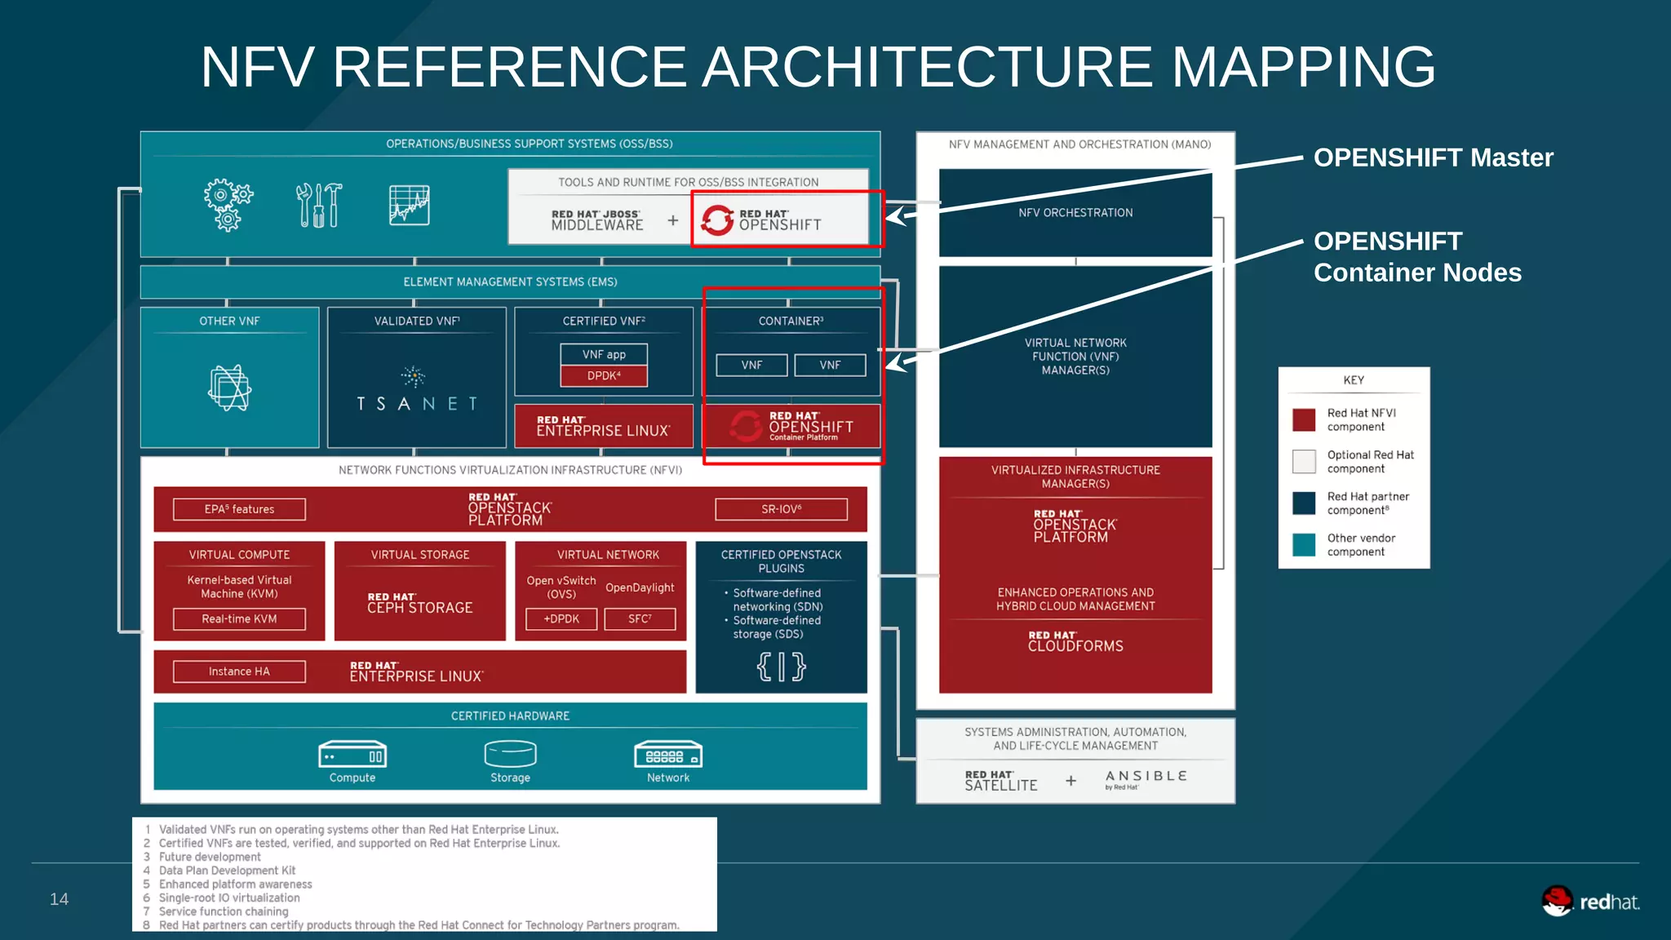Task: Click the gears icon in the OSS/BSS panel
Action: click(228, 205)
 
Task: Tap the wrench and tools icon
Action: click(318, 205)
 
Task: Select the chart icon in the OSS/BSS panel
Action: click(410, 205)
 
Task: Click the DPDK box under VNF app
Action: click(604, 376)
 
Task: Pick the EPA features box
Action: click(239, 509)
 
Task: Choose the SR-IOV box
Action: click(781, 509)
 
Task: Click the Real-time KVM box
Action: click(239, 619)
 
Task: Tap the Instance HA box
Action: click(239, 672)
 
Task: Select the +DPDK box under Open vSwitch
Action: click(561, 619)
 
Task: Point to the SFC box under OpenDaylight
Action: click(640, 619)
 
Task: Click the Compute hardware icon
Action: click(352, 754)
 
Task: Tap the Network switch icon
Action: click(668, 754)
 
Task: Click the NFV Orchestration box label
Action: click(1075, 213)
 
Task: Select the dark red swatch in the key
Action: click(1304, 419)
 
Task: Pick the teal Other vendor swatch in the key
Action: click(1304, 544)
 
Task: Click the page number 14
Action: click(59, 899)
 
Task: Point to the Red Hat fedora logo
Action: click(1557, 901)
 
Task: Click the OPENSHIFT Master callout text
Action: click(1433, 157)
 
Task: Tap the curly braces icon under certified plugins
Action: click(781, 667)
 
